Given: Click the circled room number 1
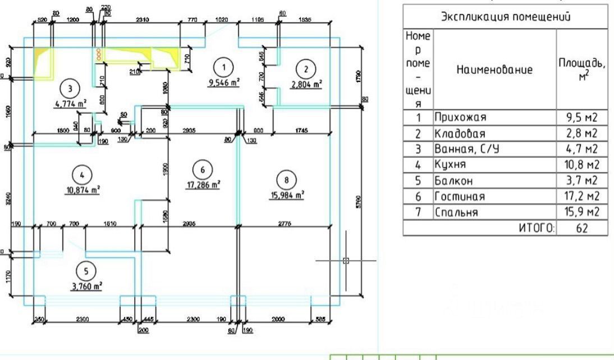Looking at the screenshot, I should (224, 67).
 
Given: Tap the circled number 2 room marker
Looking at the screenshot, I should (305, 70).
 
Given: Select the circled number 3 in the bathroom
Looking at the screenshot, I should (70, 88).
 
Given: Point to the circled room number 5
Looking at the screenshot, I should (85, 272).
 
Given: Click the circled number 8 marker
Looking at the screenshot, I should (286, 180).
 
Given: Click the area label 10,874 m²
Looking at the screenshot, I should (82, 190).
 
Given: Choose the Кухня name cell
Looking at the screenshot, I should (450, 165).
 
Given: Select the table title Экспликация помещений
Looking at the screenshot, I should (505, 16).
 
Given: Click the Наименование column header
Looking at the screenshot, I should (494, 70).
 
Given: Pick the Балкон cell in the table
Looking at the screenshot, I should (452, 181).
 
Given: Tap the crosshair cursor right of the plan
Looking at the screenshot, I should (346, 260).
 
